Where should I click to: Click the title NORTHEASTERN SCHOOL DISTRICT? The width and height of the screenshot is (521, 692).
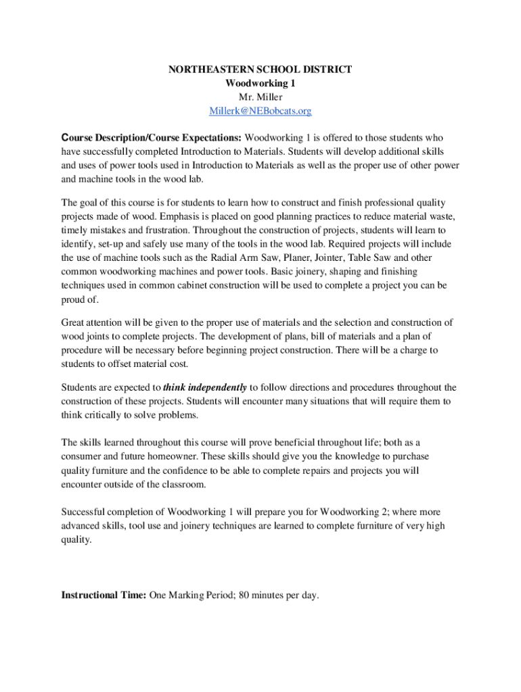[260, 70]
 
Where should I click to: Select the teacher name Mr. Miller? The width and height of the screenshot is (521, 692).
[260, 97]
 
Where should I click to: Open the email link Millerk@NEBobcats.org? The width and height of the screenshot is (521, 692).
[260, 111]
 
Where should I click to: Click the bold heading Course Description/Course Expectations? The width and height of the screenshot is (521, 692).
[152, 138]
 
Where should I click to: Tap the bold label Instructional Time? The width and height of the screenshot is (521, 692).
[104, 595]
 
